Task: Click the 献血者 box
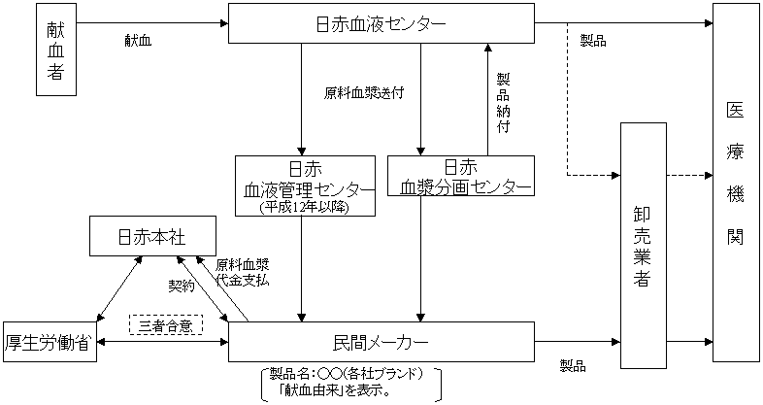click(x=55, y=50)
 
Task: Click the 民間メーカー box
click(x=381, y=343)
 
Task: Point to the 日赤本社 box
click(x=150, y=236)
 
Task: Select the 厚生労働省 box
click(x=50, y=342)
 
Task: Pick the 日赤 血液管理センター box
click(x=305, y=185)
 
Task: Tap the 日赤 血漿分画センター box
click(x=460, y=176)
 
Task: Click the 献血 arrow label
click(x=138, y=41)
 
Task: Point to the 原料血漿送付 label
click(x=364, y=94)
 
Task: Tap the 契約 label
click(x=182, y=287)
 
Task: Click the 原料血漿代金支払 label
click(x=242, y=272)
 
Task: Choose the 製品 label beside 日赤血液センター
click(x=593, y=41)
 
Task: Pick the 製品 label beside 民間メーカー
click(x=573, y=365)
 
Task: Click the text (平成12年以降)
click(x=305, y=207)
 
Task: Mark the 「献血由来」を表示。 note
click(x=334, y=391)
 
